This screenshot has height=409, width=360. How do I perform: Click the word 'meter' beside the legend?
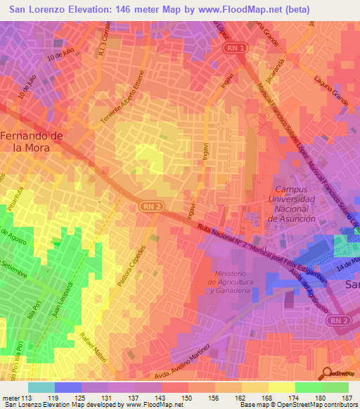10,397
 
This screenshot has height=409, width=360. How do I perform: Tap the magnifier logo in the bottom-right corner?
326,373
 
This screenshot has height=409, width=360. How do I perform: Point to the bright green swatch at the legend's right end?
335,387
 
